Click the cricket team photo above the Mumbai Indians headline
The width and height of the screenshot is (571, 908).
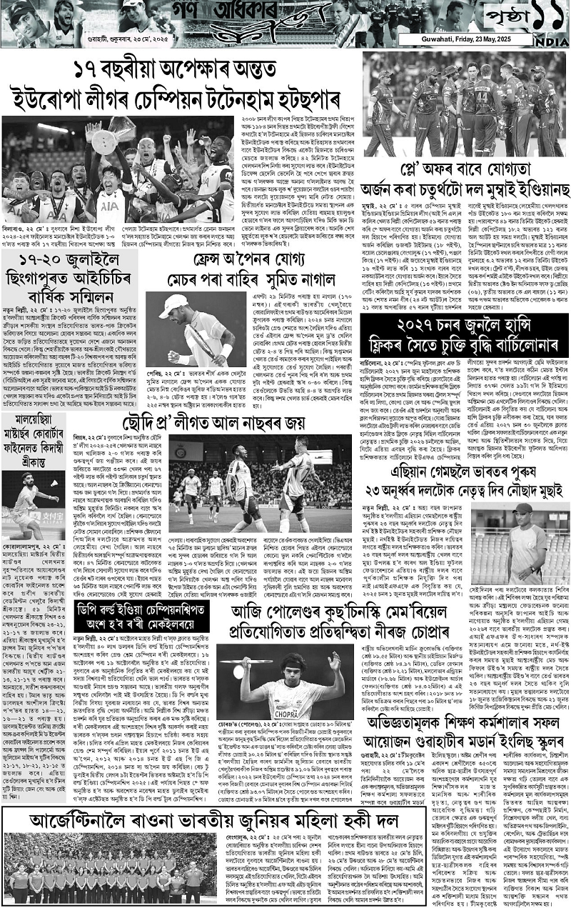coord(466,107)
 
